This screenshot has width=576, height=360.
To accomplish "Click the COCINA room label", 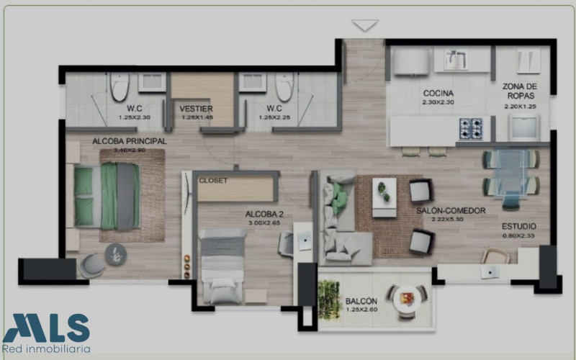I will [x=437, y=93].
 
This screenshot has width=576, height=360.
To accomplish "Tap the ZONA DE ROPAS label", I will [x=520, y=91].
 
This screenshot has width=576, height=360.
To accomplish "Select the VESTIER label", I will [x=196, y=109].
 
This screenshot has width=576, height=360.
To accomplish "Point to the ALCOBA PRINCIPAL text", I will [x=130, y=141].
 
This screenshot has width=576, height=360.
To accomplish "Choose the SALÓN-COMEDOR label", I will [x=451, y=210].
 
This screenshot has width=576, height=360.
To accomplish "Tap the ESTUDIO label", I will [x=519, y=227].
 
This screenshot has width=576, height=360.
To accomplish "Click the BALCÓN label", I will [x=361, y=301].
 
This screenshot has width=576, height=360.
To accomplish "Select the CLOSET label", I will [x=212, y=180].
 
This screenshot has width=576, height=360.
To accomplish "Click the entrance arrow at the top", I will [x=366, y=25].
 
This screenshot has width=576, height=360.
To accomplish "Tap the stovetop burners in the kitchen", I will [x=471, y=129].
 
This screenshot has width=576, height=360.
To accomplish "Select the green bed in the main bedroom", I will [x=107, y=196].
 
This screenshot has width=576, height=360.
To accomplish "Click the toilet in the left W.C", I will [x=119, y=86].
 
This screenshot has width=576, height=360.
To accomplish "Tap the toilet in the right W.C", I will [x=284, y=86].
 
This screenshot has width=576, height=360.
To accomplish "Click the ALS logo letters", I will [x=48, y=328].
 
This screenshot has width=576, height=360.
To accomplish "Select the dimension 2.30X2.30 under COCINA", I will [x=437, y=102].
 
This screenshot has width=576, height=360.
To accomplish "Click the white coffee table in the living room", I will [x=384, y=197].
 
